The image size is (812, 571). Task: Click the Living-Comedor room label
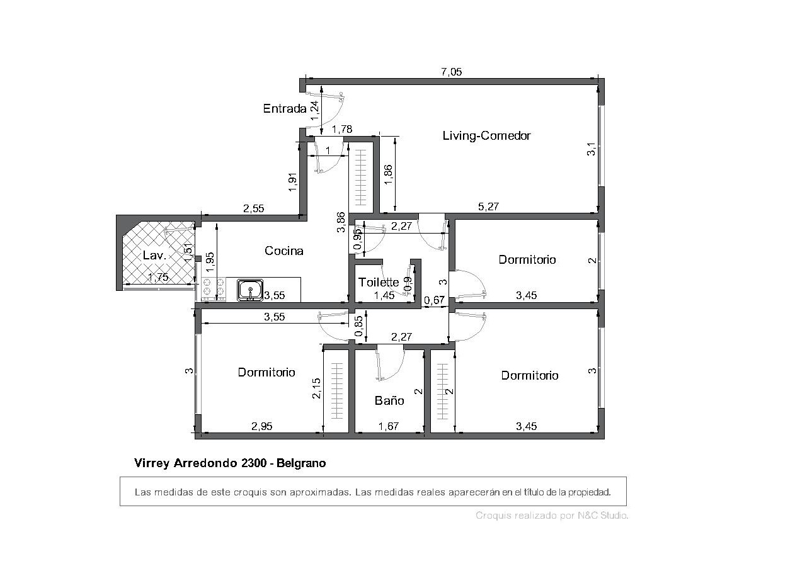pyautogui.click(x=486, y=135)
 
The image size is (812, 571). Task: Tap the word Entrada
pyautogui.click(x=285, y=108)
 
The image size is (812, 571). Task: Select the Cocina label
pyautogui.click(x=284, y=251)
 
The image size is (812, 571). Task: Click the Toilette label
pyautogui.click(x=379, y=282)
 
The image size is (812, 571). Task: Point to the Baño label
pyautogui.click(x=389, y=400)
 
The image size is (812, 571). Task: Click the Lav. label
pyautogui.click(x=154, y=255)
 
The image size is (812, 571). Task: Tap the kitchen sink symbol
pyautogui.click(x=250, y=290)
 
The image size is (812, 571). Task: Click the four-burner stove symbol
pyautogui.click(x=214, y=289)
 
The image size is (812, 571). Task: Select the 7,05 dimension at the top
pyautogui.click(x=451, y=72)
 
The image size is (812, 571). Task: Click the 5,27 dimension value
pyautogui.click(x=488, y=206)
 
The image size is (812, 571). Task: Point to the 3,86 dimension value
pyautogui.click(x=341, y=222)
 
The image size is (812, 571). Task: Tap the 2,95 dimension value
pyautogui.click(x=261, y=426)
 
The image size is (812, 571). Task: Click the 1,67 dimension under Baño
pyautogui.click(x=389, y=426)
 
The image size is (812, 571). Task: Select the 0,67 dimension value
pyautogui.click(x=434, y=300)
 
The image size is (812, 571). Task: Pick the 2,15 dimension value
pyautogui.click(x=316, y=388)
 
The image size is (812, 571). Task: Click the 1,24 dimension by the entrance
pyautogui.click(x=314, y=111)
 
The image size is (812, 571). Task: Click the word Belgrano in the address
pyautogui.click(x=301, y=463)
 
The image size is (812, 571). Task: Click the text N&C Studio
pyautogui.click(x=602, y=515)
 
